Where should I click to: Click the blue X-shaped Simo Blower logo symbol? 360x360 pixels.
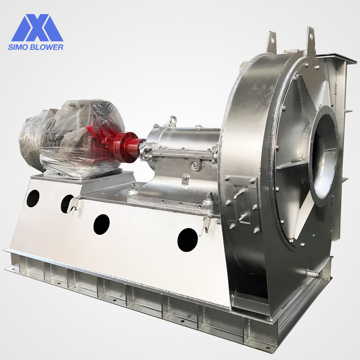[x=37, y=28]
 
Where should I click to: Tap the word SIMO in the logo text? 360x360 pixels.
[x=17, y=47]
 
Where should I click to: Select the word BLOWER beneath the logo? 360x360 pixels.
[x=45, y=47]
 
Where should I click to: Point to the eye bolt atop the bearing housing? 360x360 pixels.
[x=172, y=121]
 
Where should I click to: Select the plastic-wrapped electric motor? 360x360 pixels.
[x=71, y=138]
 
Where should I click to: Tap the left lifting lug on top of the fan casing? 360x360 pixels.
[x=271, y=42]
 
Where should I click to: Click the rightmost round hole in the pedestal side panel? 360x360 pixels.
[x=188, y=240]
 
